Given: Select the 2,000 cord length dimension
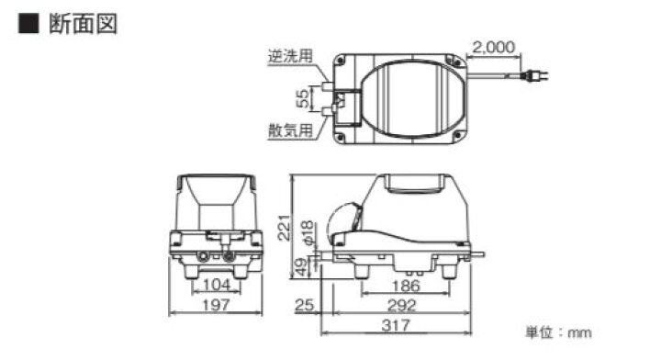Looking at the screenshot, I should point(495,45).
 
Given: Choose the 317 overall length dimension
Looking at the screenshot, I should point(397,326).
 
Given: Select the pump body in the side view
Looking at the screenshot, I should point(413,220).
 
